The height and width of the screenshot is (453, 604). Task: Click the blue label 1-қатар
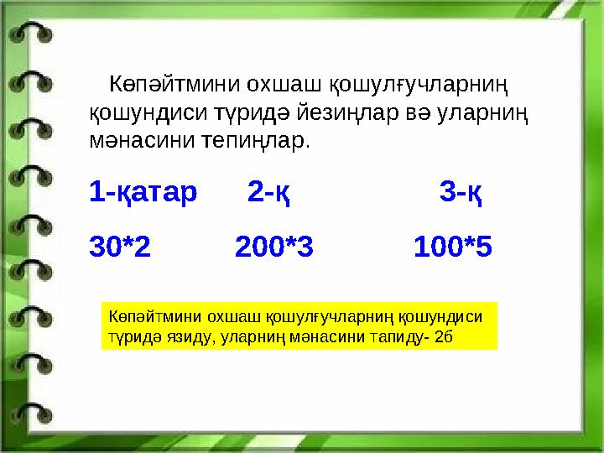click(x=143, y=193)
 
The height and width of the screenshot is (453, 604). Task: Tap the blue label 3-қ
click(x=461, y=193)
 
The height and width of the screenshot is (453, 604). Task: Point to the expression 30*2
click(x=120, y=247)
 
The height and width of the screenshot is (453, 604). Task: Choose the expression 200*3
click(x=274, y=247)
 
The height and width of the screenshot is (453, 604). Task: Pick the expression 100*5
click(x=453, y=247)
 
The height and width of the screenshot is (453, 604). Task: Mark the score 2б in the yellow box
click(x=445, y=336)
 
